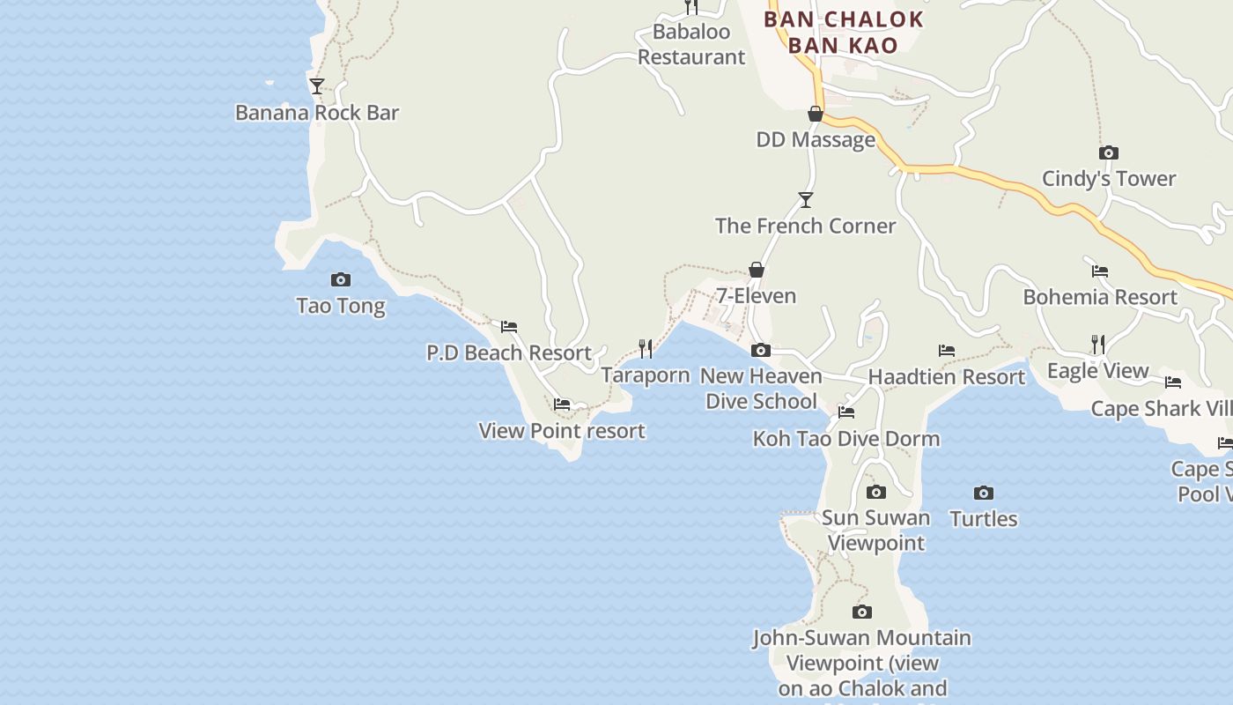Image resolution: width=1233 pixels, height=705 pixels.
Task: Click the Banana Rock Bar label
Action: [317, 113]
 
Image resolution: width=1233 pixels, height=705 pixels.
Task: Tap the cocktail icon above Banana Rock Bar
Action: [317, 86]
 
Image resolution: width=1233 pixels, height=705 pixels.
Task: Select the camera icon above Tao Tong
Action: [341, 280]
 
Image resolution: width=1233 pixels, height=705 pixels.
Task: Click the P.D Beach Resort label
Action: [509, 353]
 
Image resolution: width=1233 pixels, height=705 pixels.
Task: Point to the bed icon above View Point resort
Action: [562, 404]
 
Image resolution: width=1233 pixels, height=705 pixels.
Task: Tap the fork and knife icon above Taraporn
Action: [646, 349]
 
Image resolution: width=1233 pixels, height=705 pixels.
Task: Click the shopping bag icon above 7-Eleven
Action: [756, 270]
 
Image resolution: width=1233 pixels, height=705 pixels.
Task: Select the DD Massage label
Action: [816, 140]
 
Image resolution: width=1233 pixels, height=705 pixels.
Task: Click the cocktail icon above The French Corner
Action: [805, 200]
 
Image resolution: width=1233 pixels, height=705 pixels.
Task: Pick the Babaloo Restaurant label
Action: [691, 45]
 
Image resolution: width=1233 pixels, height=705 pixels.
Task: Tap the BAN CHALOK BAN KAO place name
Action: [843, 33]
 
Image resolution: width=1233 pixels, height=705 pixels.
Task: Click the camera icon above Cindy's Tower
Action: [1109, 153]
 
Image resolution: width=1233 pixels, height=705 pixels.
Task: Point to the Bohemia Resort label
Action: [1100, 297]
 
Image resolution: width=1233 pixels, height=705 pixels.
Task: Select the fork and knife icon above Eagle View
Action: [1097, 345]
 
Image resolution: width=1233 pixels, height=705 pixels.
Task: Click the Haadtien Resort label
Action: [947, 377]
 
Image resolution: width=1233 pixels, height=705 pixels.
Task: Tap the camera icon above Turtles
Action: [984, 493]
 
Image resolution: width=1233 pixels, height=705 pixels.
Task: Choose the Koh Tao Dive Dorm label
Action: [846, 439]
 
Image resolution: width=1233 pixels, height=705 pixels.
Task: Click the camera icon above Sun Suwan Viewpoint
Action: [875, 493]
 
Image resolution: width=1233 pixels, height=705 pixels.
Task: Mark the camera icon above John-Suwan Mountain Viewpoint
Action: [862, 612]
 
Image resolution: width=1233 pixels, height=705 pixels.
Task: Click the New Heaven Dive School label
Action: [761, 389]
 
